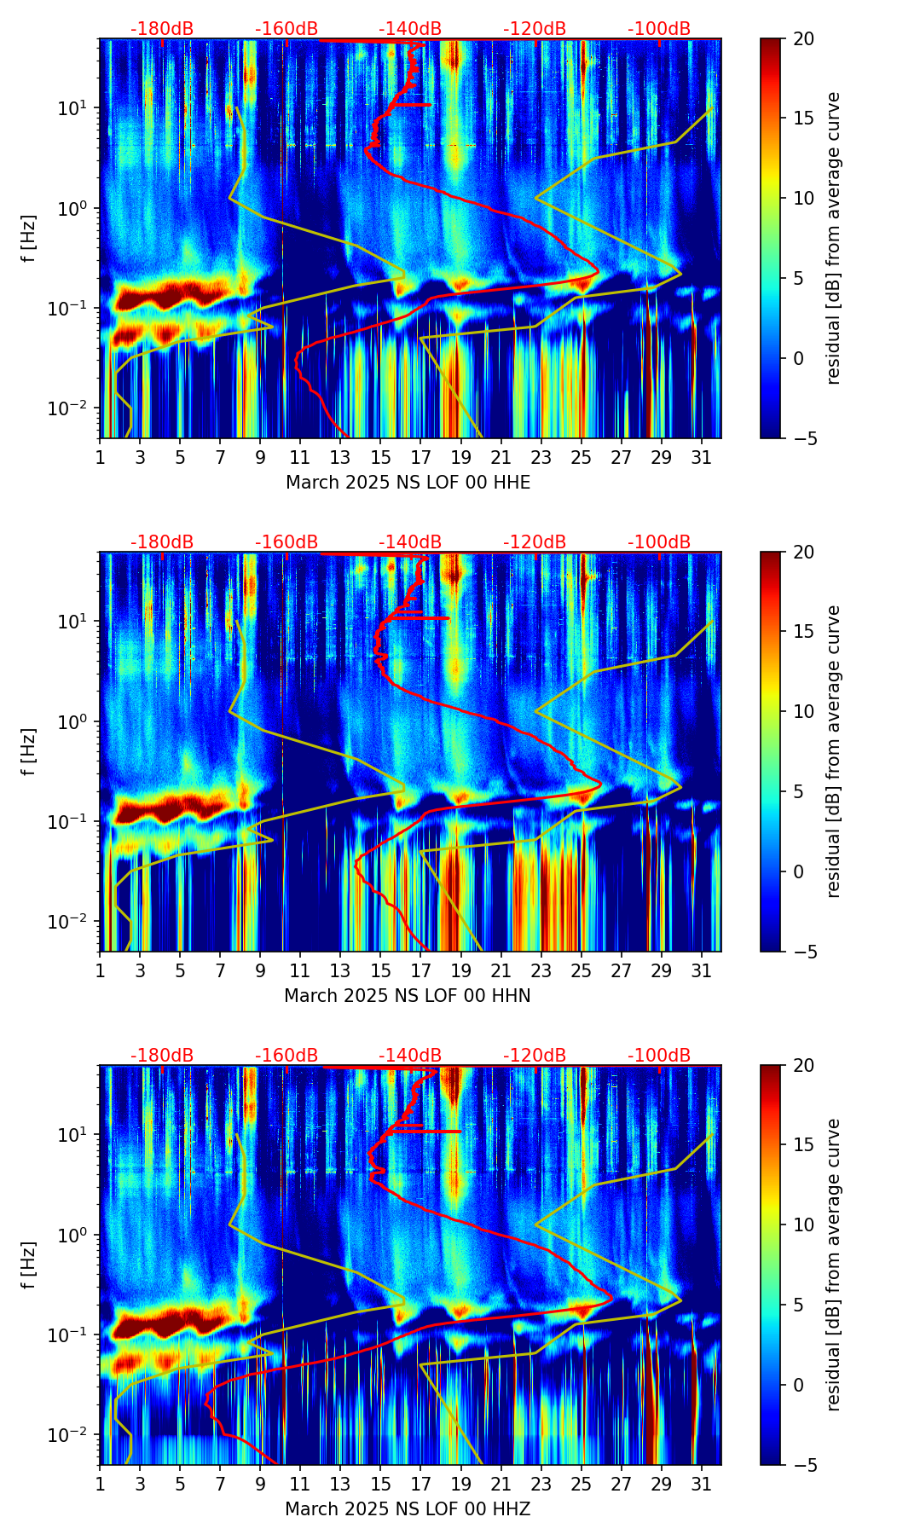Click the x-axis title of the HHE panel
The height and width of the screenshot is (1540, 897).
pos(408,483)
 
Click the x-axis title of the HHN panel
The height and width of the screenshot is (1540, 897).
pos(408,996)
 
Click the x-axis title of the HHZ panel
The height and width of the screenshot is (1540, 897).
pos(408,1509)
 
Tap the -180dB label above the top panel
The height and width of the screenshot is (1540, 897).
pos(162,29)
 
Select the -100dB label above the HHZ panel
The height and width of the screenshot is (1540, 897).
pos(659,1056)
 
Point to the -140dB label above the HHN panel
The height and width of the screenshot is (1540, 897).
pos(410,542)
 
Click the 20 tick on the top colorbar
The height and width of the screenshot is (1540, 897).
pos(803,39)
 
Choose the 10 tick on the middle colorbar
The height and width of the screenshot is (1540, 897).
pos(803,711)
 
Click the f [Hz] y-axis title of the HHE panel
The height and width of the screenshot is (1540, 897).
pos(29,238)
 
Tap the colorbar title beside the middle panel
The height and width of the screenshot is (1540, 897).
pos(834,751)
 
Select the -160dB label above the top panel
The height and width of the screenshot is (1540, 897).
pos(286,29)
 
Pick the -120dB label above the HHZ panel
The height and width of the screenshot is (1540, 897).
pos(535,1056)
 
